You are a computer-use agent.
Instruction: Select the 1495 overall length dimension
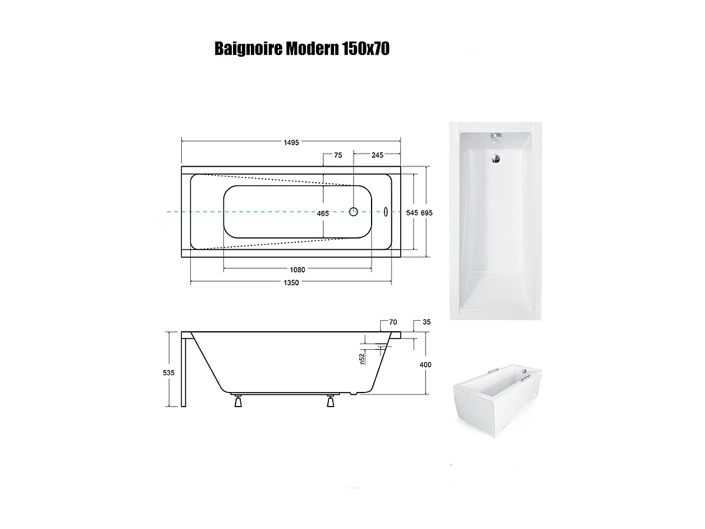[x=291, y=142]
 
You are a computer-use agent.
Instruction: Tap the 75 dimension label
[x=338, y=156]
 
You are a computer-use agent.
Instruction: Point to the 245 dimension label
[x=377, y=156]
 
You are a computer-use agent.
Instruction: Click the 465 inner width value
[x=323, y=213]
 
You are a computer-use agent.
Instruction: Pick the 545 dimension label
[x=412, y=213]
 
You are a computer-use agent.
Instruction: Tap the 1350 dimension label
[x=291, y=282]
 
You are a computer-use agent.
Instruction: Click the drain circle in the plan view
[x=354, y=212]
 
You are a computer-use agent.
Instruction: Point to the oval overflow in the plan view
[x=385, y=212]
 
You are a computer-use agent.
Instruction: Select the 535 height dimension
[x=169, y=373]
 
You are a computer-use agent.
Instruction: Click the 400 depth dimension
[x=425, y=365]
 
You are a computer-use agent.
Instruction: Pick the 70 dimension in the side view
[x=393, y=323]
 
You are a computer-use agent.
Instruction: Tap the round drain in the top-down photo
[x=496, y=159]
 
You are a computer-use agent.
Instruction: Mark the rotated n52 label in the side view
[x=363, y=357]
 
